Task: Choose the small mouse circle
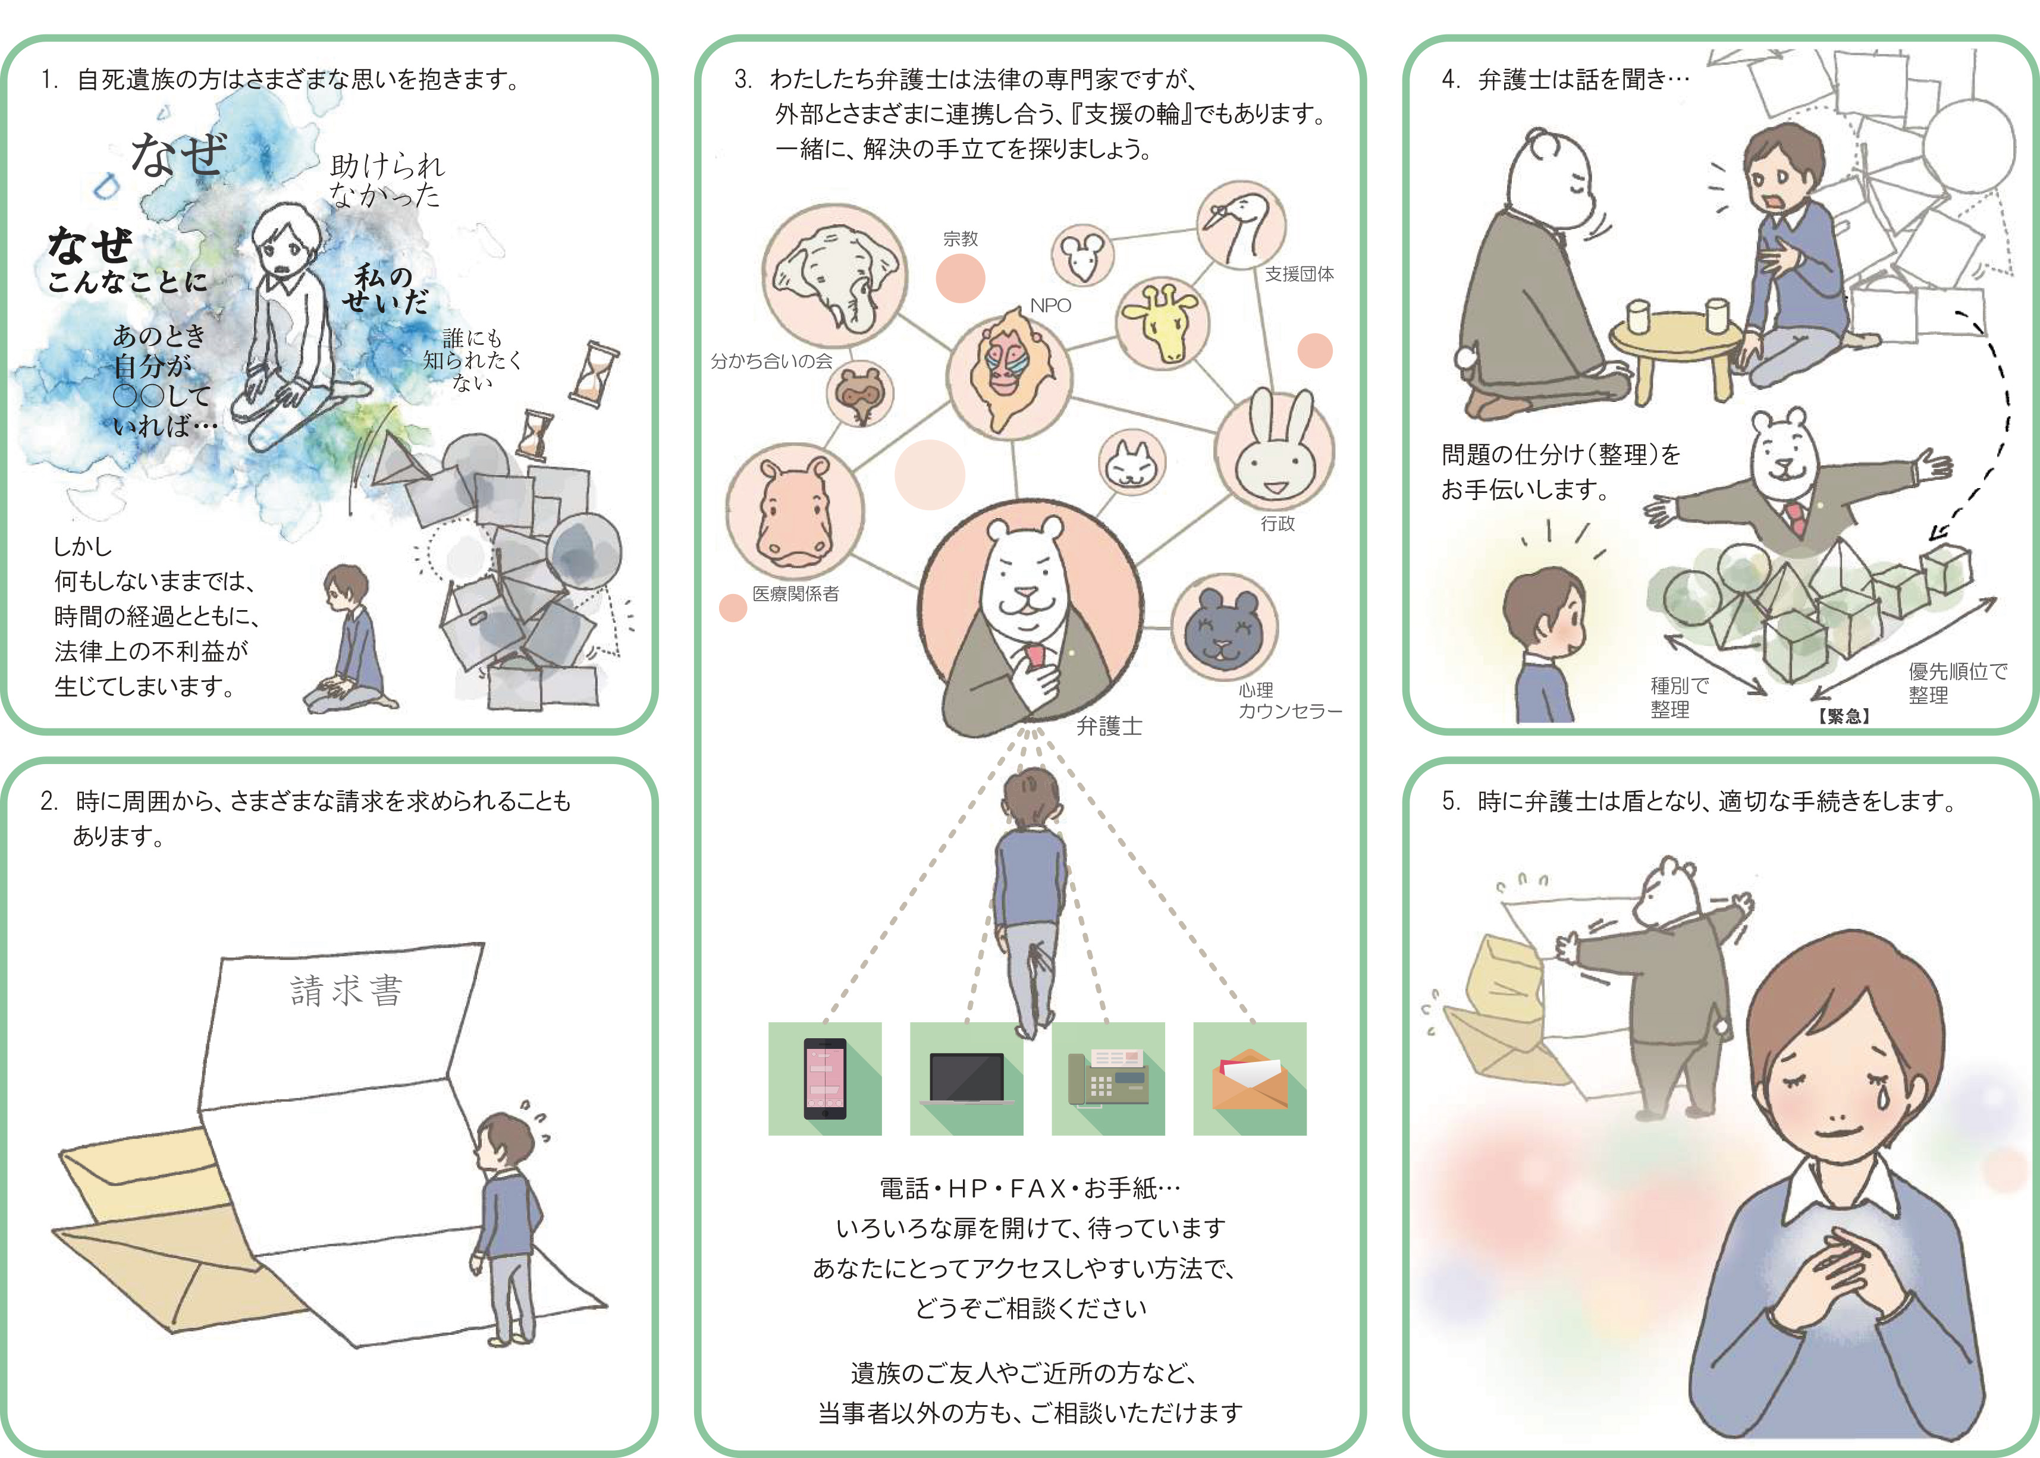tap(1082, 255)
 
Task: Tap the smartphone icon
tap(824, 1078)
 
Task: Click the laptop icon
tap(966, 1078)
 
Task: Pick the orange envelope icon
tap(1249, 1078)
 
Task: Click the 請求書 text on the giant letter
tap(347, 990)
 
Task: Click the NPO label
tap(1050, 305)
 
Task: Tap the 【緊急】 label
tap(1843, 715)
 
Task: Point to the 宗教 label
tap(960, 239)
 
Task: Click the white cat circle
tap(1131, 463)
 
